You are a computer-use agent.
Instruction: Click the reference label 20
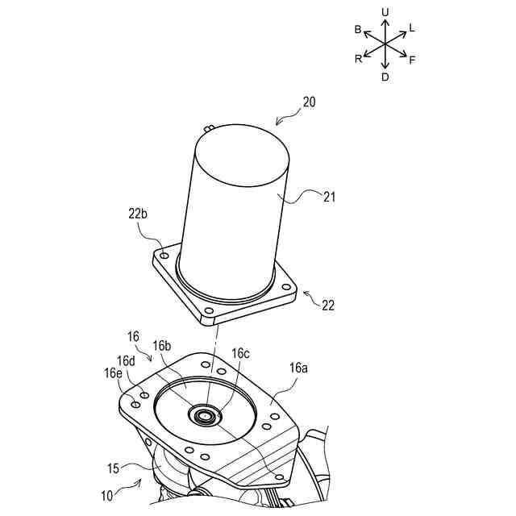tap(310, 102)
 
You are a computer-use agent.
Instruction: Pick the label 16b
tap(162, 345)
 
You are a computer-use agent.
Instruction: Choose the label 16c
tap(241, 353)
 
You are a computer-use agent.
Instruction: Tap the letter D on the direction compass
tap(385, 77)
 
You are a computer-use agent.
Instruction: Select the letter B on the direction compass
tap(358, 29)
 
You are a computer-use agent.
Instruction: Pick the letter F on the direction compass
tap(412, 60)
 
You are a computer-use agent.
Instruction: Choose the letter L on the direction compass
tap(412, 27)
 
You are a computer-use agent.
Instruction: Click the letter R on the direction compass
tap(358, 59)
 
